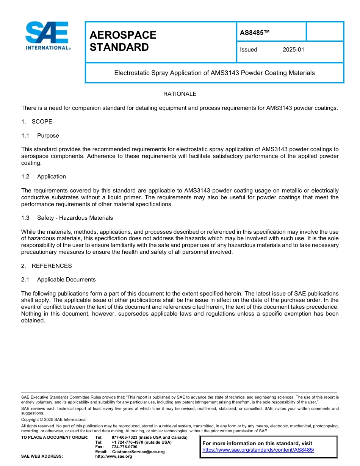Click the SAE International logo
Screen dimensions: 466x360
pyautogui.click(x=47, y=36)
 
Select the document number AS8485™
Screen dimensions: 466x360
pyautogui.click(x=255, y=33)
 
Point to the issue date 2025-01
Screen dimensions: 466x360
pyautogui.click(x=293, y=50)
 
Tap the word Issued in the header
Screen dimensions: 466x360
pyautogui.click(x=249, y=50)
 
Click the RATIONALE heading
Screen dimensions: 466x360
pyautogui.click(x=180, y=94)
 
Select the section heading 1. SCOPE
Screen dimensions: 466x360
pyautogui.click(x=37, y=122)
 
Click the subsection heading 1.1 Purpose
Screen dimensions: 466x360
pyautogui.click(x=48, y=136)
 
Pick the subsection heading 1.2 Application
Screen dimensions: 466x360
pyautogui.click(x=52, y=177)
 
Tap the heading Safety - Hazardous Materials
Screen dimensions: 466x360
pyautogui.click(x=75, y=218)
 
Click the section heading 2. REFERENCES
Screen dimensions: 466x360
pyautogui.click(x=47, y=266)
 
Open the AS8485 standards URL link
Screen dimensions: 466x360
pyautogui.click(x=258, y=450)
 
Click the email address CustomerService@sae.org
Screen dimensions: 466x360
pyautogui.click(x=138, y=452)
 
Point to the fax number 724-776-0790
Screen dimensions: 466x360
pyautogui.click(x=124, y=447)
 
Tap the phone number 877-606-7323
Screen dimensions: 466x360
pyautogui.click(x=124, y=438)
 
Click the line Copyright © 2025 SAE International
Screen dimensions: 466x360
pyautogui.click(x=54, y=419)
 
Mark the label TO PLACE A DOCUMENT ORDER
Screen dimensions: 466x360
pyautogui.click(x=55, y=438)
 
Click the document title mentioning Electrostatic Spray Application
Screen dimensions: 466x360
pyautogui.click(x=214, y=73)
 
